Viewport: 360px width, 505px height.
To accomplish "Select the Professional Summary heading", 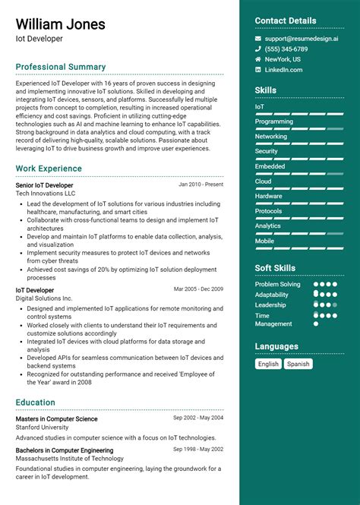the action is pyautogui.click(x=61, y=67).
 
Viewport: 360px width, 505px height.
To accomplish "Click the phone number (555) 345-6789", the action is pyautogui.click(x=286, y=49).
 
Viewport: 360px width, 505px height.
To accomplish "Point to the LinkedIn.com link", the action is pyautogui.click(x=283, y=70).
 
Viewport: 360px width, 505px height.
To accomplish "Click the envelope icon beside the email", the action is pyautogui.click(x=258, y=38).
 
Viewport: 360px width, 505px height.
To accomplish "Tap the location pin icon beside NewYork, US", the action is pyautogui.click(x=258, y=59).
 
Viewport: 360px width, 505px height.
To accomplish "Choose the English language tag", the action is pyautogui.click(x=268, y=364).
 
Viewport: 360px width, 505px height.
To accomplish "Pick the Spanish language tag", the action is pyautogui.click(x=298, y=364).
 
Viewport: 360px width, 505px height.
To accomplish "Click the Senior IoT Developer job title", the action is pyautogui.click(x=44, y=185).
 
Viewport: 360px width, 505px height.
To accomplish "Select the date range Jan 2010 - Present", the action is pyautogui.click(x=201, y=185).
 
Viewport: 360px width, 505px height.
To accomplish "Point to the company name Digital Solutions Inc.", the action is pyautogui.click(x=44, y=298).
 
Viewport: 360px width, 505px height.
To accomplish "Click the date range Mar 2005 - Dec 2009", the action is pyautogui.click(x=198, y=289).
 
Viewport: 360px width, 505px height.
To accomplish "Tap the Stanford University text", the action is pyautogui.click(x=42, y=428).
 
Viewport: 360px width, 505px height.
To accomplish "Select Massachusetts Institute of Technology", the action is pyautogui.click(x=70, y=459).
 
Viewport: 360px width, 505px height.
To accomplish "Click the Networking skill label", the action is pyautogui.click(x=271, y=137).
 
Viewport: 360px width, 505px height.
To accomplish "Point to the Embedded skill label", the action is pyautogui.click(x=270, y=166).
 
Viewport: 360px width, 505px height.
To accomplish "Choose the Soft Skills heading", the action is pyautogui.click(x=275, y=268).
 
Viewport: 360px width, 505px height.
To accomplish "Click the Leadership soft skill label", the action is pyautogui.click(x=270, y=305).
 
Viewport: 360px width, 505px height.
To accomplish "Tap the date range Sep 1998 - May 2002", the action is pyautogui.click(x=198, y=450).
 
